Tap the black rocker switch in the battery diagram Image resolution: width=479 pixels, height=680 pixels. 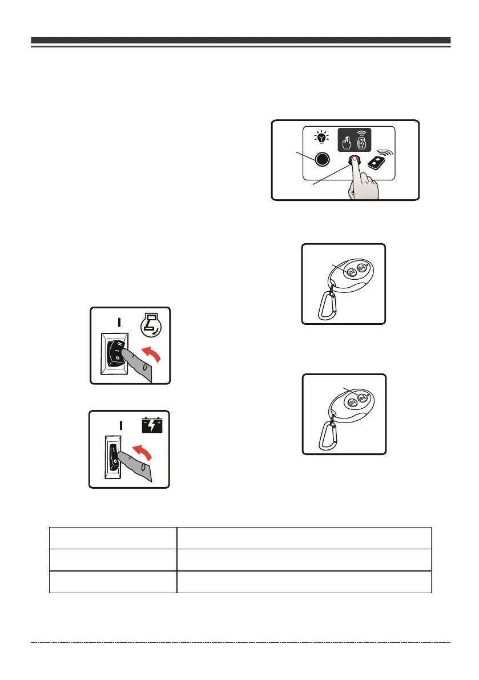(116, 457)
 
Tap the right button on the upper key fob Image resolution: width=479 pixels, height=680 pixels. (361, 268)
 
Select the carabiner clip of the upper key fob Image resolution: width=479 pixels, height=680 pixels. (326, 306)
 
